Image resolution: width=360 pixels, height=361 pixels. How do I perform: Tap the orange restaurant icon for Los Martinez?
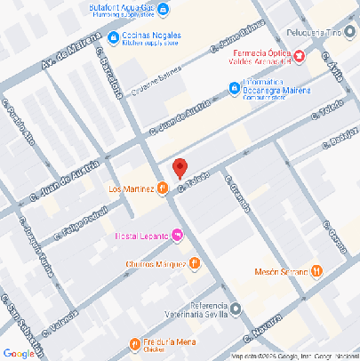[x=163, y=189]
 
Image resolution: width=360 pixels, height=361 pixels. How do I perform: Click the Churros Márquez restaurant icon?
[x=194, y=263]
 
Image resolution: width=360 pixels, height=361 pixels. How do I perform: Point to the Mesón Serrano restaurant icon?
[x=316, y=271]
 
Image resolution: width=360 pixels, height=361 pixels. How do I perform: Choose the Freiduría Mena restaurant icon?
[x=133, y=343]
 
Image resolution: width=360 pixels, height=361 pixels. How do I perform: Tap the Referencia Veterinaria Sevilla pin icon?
[x=236, y=309]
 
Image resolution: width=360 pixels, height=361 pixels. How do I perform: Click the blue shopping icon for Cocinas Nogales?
[x=114, y=37]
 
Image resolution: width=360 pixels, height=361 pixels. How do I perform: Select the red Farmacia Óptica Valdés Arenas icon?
[x=300, y=56]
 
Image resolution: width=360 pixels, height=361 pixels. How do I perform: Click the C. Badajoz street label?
[x=341, y=139]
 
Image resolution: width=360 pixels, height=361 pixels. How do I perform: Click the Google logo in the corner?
[x=19, y=352]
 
